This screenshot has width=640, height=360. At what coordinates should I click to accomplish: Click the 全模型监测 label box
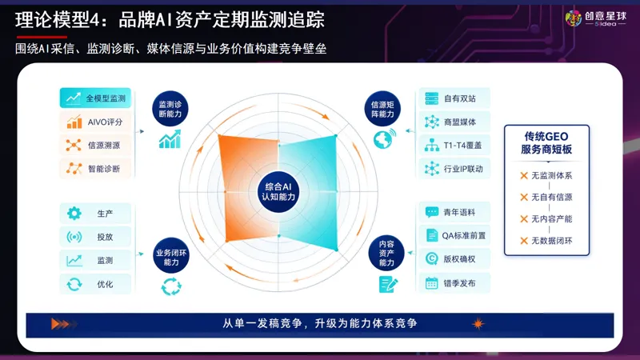(95, 98)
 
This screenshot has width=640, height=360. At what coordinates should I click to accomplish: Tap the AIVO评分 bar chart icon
(74, 122)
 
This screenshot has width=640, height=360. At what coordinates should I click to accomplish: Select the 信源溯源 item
(95, 145)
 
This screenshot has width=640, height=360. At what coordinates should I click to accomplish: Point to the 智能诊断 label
(104, 169)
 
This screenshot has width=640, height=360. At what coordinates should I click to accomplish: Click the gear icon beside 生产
(74, 213)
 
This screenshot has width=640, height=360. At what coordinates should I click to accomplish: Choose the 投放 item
(95, 237)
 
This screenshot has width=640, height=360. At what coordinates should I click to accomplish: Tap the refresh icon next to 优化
(74, 284)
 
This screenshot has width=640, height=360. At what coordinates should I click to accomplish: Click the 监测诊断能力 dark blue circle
(170, 109)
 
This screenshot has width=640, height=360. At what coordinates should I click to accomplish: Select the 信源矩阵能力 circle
(382, 109)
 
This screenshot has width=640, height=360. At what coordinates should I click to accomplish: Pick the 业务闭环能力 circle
(171, 255)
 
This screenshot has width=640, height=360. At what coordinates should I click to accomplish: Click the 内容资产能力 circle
(386, 253)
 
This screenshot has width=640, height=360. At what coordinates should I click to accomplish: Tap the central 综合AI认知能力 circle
(278, 192)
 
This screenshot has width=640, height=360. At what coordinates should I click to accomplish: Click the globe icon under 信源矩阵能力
(384, 138)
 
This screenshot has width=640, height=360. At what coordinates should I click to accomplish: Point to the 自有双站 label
(459, 98)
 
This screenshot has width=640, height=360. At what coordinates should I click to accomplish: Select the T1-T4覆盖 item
(454, 145)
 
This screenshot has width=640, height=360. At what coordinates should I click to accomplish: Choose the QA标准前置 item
(454, 235)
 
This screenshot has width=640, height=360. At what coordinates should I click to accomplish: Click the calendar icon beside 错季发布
(431, 283)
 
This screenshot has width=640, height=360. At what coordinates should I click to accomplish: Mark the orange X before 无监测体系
(524, 175)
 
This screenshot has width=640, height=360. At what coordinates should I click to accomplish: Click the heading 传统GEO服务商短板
(546, 143)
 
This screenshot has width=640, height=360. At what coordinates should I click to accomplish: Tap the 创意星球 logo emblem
(574, 18)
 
